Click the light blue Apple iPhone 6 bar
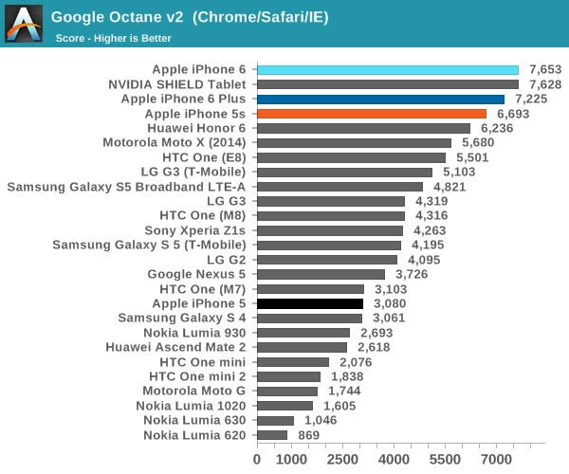[x=388, y=69]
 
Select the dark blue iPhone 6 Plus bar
[x=380, y=99]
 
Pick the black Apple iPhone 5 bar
[x=310, y=303]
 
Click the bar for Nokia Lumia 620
[x=272, y=435]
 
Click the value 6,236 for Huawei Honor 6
[x=497, y=128]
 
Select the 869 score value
[x=304, y=435]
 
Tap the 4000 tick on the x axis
[x=395, y=459]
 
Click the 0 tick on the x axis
[x=257, y=459]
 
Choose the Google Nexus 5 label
[x=196, y=274]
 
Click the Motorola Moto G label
[x=193, y=391]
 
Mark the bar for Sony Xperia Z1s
[x=330, y=230]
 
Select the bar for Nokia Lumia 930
[x=303, y=333]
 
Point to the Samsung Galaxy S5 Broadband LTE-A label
[x=126, y=187]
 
